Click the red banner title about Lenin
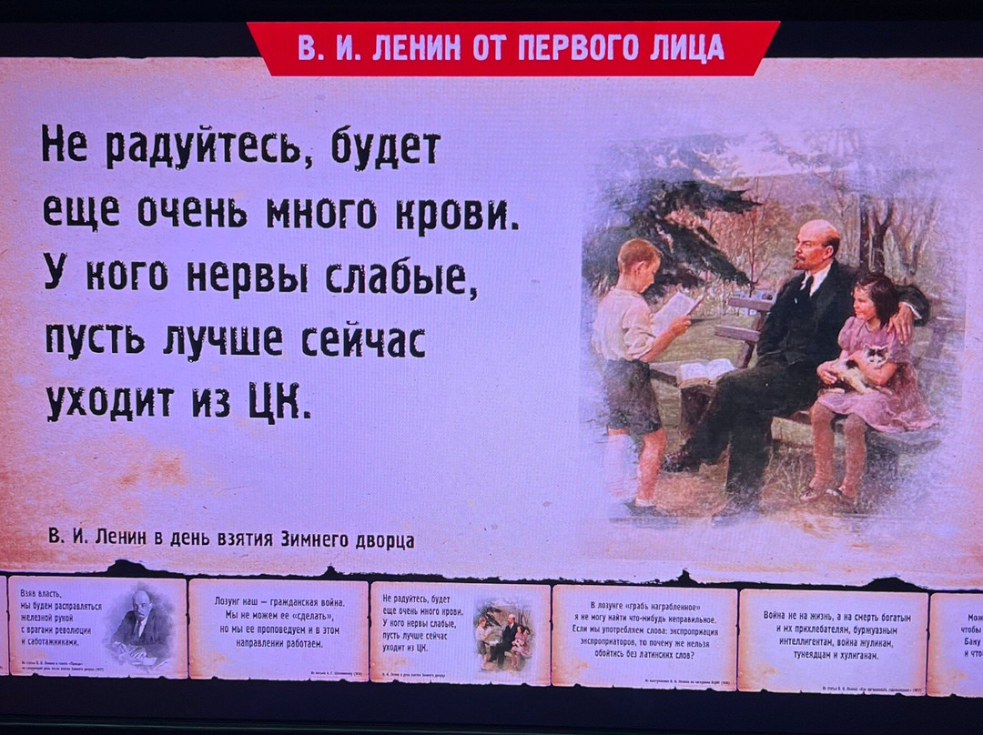[512, 46]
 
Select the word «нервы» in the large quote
[245, 275]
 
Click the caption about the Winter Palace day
[231, 539]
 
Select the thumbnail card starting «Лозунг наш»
[278, 629]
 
